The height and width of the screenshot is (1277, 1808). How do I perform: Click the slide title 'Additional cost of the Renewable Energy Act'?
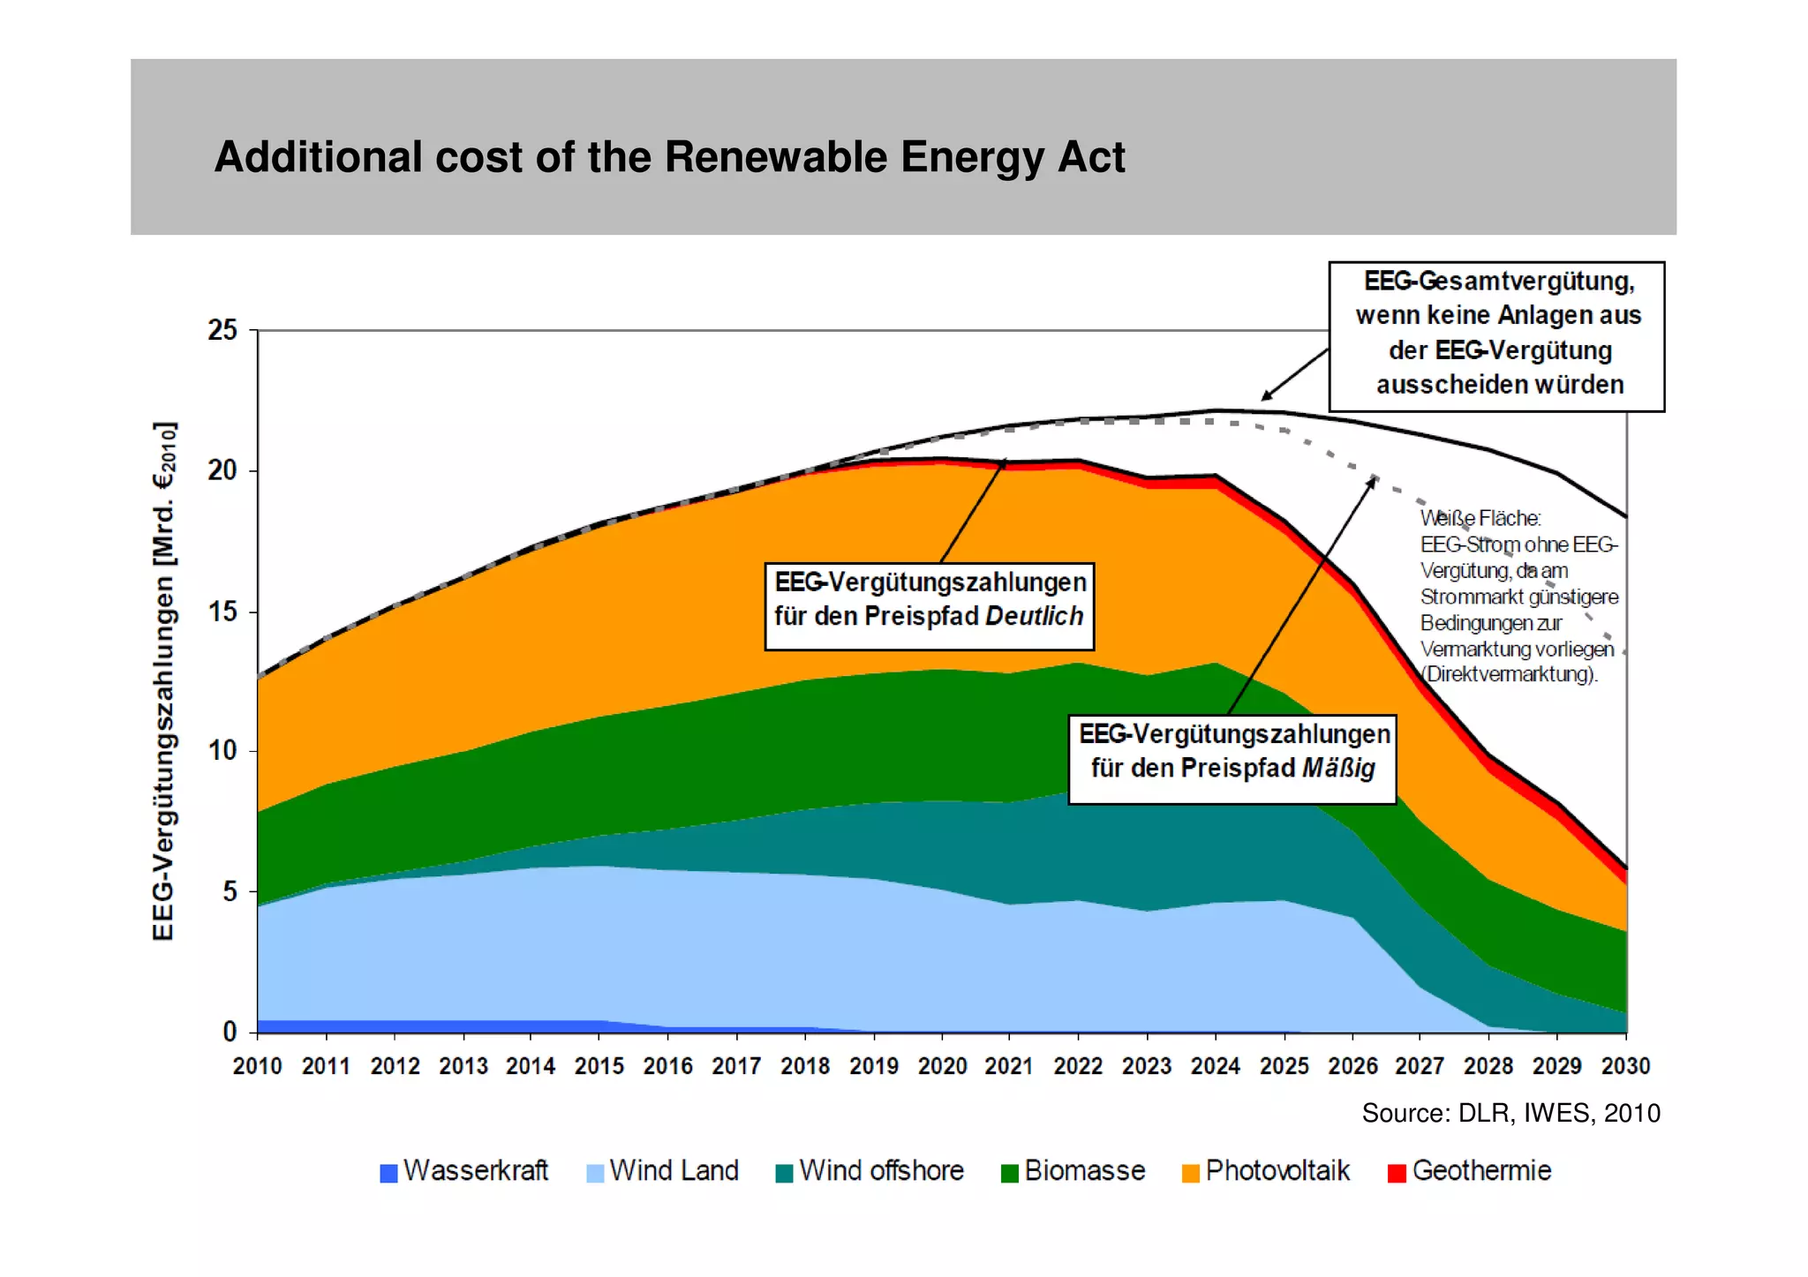669,157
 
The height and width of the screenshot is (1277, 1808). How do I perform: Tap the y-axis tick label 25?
222,330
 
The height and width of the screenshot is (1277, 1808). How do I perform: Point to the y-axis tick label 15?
222,611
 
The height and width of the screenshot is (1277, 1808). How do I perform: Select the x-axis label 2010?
257,1066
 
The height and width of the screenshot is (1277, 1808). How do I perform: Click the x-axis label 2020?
942,1066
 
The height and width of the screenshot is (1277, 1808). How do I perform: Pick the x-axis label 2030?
1625,1066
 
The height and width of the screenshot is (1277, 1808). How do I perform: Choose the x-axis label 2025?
1284,1066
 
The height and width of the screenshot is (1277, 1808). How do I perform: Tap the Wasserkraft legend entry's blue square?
388,1173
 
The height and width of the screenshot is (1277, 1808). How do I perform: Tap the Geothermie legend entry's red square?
1396,1173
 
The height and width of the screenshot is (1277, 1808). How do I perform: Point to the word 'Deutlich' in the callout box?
1034,616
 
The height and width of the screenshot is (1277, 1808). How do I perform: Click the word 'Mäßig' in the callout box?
1338,768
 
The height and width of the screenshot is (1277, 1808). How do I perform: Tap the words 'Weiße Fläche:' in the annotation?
1480,518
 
